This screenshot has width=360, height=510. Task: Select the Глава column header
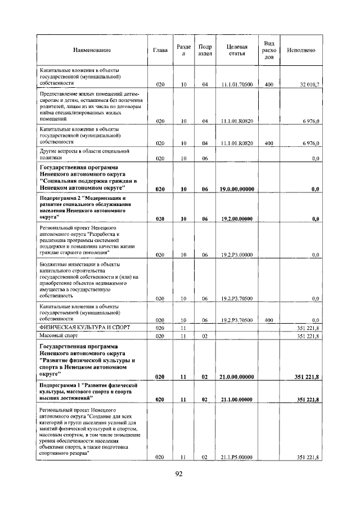(160, 50)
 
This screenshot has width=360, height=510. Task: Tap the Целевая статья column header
(236, 50)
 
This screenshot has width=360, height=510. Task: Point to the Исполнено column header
(300, 50)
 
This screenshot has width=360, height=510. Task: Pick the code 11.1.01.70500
(236, 84)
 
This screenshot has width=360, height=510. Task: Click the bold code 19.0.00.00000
(236, 189)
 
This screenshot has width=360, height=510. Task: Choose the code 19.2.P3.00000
(236, 255)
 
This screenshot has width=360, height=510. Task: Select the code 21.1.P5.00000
(236, 457)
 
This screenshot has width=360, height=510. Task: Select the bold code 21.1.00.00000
(236, 399)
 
